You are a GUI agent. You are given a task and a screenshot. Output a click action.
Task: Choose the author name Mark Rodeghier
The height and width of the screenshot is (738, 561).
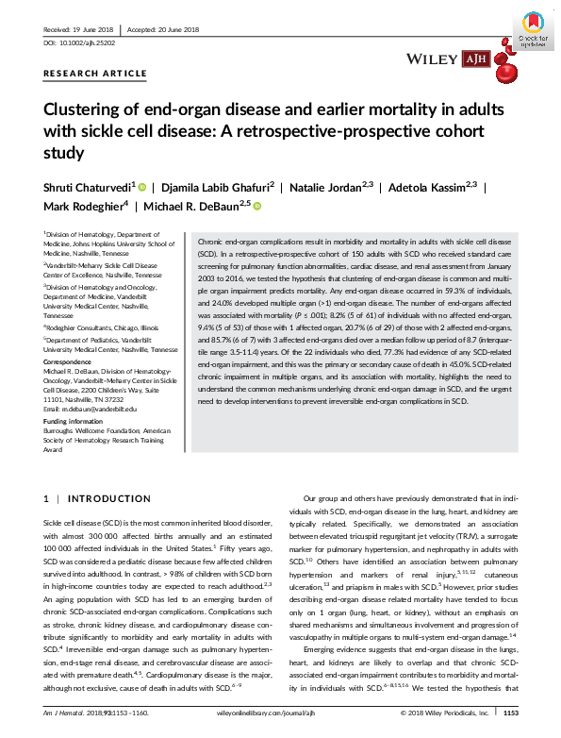click(83, 206)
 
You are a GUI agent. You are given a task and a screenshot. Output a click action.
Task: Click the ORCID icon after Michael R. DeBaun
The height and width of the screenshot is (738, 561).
click(256, 206)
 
